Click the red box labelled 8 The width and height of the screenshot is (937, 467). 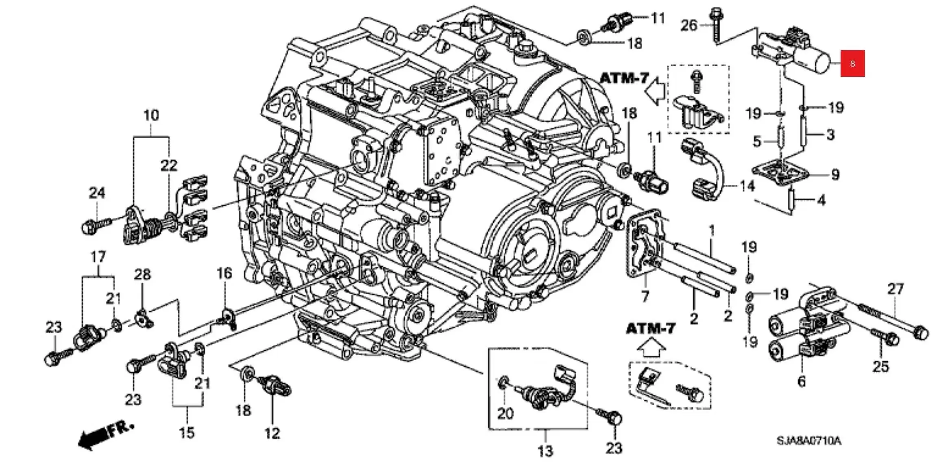[x=852, y=63]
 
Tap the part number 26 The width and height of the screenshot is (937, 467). [x=689, y=26]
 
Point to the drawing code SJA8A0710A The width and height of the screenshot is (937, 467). [x=808, y=441]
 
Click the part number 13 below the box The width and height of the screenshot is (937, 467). [x=545, y=450]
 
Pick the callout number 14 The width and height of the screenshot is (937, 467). [x=747, y=186]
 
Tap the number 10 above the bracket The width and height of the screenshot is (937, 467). [x=151, y=115]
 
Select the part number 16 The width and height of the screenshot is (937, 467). [x=224, y=273]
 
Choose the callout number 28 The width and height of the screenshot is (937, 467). [x=142, y=275]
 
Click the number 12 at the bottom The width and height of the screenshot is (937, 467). [x=272, y=433]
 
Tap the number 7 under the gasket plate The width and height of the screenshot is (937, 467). [x=645, y=296]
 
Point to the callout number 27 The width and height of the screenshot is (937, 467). [x=895, y=289]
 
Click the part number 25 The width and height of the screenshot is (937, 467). [x=880, y=366]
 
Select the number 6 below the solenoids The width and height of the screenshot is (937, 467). [x=801, y=381]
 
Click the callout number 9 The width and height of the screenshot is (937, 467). [x=835, y=174]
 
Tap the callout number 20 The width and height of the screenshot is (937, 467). [x=505, y=413]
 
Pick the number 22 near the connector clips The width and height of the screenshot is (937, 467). [x=169, y=165]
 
